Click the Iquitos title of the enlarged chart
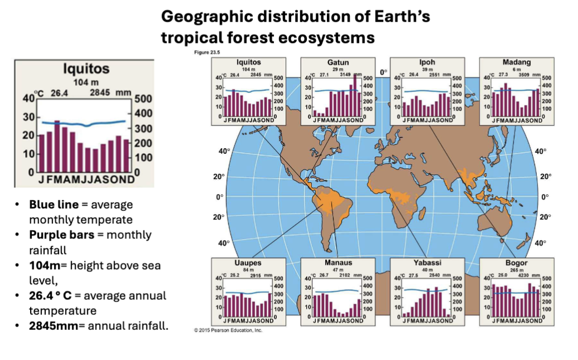(x=86, y=69)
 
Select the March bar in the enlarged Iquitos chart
(x=57, y=148)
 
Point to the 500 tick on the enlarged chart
(x=143, y=99)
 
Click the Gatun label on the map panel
(x=331, y=62)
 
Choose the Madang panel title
(x=516, y=62)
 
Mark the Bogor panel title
(x=516, y=262)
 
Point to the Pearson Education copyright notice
(x=228, y=330)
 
